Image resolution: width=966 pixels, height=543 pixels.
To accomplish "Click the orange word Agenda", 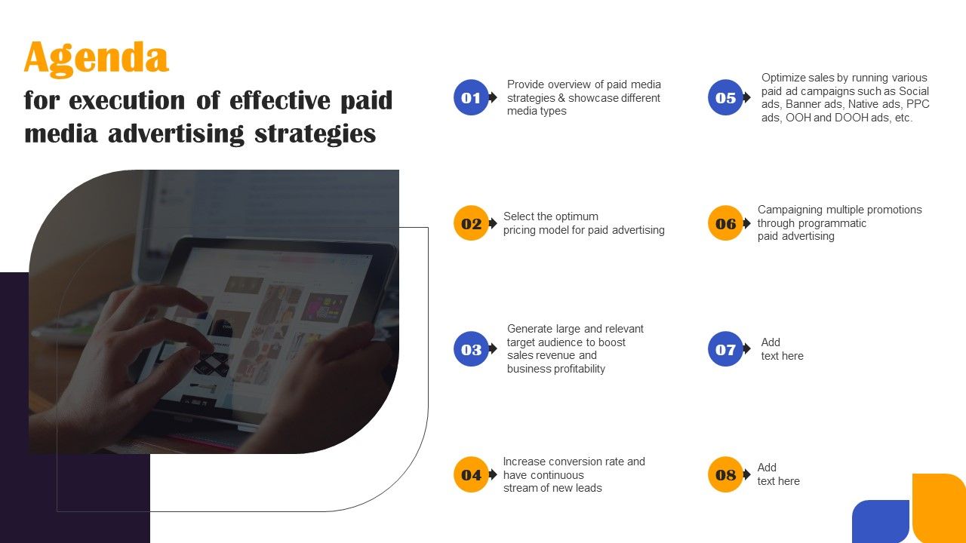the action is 96,59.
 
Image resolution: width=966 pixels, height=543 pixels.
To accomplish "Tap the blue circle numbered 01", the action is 471,97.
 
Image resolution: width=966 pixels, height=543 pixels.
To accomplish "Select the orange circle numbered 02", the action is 471,223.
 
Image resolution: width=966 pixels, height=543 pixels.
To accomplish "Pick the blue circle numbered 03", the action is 471,349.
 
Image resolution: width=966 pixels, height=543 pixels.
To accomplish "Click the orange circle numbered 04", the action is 471,474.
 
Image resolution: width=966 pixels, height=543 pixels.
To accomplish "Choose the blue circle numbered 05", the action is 725,97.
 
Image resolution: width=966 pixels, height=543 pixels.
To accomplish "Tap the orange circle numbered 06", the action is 725,223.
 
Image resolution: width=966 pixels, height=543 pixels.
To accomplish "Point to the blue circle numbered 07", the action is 725,349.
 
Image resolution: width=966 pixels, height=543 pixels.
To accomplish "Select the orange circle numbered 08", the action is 725,474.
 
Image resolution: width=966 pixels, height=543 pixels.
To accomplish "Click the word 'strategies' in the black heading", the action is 315,134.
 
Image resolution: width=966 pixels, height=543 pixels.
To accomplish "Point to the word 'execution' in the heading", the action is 128,100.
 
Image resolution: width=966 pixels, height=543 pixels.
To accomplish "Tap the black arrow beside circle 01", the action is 493,97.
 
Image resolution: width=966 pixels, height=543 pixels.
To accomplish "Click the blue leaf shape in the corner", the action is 881,521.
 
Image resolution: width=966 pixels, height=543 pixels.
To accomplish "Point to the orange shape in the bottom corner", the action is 940,508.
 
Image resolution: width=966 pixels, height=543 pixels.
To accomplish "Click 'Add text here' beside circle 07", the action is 783,349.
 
